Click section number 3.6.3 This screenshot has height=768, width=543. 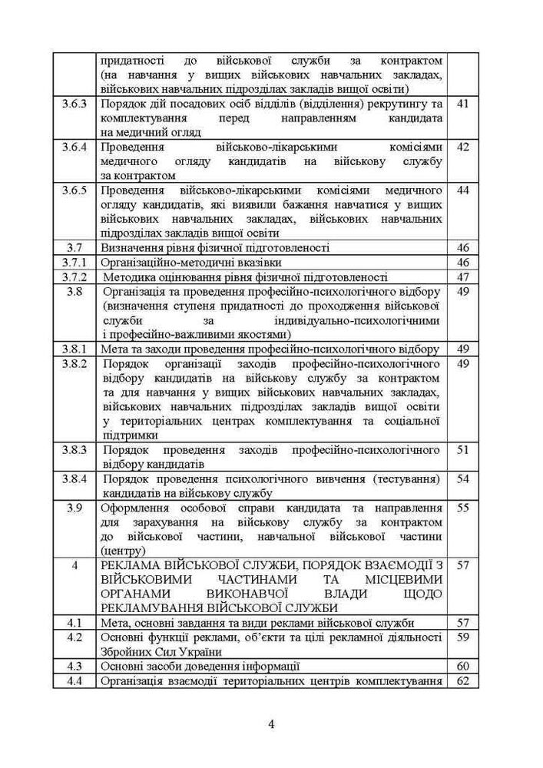click(x=74, y=104)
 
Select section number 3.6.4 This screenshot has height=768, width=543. click(x=74, y=147)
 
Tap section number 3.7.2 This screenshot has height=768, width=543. click(x=74, y=276)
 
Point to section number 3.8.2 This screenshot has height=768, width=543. click(x=74, y=362)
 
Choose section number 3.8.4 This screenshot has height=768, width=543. click(x=74, y=479)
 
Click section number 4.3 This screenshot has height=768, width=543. click(x=74, y=666)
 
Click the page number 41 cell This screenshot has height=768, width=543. click(x=462, y=104)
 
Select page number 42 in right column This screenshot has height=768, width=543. click(x=462, y=147)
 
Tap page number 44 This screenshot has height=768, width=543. click(x=462, y=190)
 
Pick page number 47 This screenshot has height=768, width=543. click(x=462, y=276)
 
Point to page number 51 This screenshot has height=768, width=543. click(x=462, y=450)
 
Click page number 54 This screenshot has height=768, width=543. click(x=462, y=479)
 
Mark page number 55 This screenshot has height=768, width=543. click(x=462, y=508)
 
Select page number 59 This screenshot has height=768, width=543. click(x=462, y=637)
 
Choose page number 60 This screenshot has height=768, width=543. click(x=462, y=666)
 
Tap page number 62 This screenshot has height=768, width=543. click(x=462, y=680)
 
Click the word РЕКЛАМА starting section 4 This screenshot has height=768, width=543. click(x=131, y=566)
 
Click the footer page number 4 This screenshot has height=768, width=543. click(x=271, y=723)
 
